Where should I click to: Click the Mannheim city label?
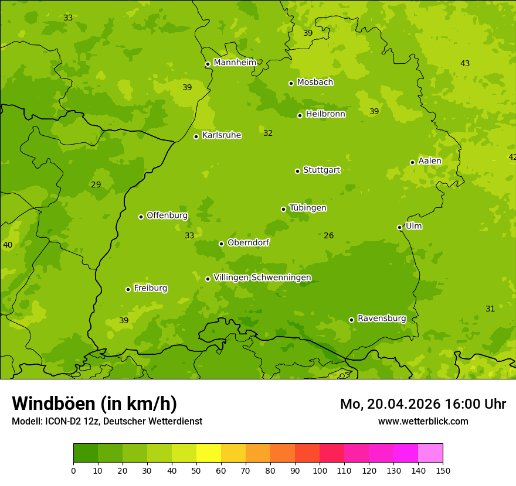(235, 63)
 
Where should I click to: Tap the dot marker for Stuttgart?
(297, 171)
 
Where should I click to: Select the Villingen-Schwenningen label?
(262, 278)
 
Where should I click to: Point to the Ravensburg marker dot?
(351, 320)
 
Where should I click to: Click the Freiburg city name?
(150, 288)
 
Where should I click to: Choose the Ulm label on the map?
(413, 226)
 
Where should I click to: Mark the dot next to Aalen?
(412, 162)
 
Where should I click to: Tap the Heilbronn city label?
(325, 114)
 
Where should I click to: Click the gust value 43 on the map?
(465, 63)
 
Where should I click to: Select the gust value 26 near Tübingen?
(329, 235)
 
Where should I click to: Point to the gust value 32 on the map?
(268, 133)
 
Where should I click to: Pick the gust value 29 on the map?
(96, 184)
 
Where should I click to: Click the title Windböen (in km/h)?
(94, 403)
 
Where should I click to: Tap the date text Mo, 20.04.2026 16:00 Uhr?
(423, 404)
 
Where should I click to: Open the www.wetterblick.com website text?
(423, 421)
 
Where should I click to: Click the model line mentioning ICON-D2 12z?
(107, 421)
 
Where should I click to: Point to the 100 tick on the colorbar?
(320, 470)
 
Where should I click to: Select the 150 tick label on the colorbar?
(443, 470)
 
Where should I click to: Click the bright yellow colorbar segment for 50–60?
(209, 453)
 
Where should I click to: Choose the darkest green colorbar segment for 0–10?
(86, 453)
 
